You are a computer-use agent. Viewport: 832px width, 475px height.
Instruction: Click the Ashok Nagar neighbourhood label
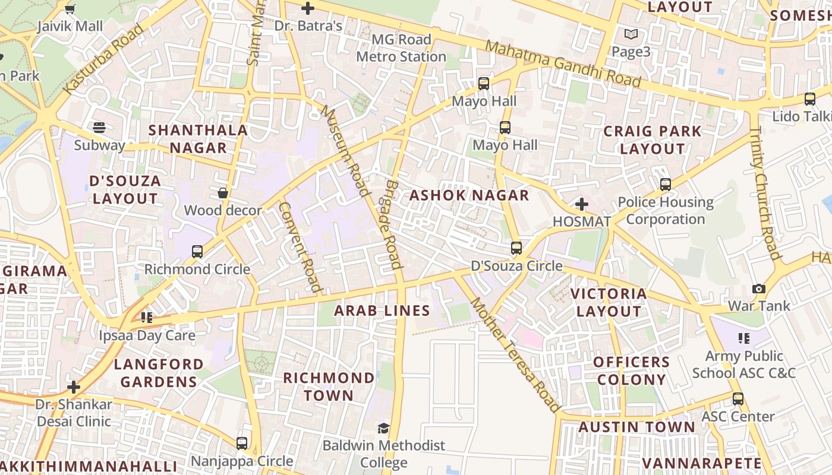tap(469, 195)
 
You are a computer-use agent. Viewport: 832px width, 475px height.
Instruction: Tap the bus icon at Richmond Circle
tap(197, 252)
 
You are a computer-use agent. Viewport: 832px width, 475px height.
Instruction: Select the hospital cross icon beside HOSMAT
tap(582, 205)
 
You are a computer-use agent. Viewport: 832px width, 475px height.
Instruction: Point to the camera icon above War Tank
tap(759, 289)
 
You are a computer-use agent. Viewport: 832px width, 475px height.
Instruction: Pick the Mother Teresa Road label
tap(515, 355)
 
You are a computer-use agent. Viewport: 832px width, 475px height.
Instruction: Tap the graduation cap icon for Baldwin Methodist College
tap(384, 428)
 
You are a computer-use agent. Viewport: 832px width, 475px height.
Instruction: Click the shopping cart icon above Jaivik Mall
tap(70, 9)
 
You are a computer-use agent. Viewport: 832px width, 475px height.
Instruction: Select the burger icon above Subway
tap(99, 128)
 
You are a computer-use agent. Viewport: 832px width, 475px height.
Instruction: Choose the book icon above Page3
tap(631, 34)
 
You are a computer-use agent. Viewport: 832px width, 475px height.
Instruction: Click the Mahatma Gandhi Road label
tap(563, 64)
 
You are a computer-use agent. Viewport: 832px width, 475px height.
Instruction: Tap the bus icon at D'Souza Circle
tap(516, 248)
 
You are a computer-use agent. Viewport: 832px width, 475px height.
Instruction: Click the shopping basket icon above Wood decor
tap(223, 193)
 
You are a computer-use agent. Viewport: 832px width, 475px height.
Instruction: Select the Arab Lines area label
tap(382, 311)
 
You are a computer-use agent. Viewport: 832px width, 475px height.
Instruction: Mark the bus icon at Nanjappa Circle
tap(242, 444)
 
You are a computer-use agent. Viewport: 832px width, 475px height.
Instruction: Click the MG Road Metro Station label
tap(401, 48)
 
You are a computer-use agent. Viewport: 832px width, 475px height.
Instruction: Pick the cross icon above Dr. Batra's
tap(308, 8)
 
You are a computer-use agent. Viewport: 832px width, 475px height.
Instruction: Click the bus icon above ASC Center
tap(738, 399)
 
